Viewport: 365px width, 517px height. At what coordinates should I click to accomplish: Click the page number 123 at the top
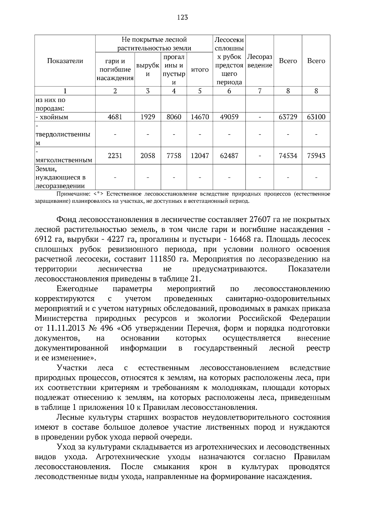pos(182,17)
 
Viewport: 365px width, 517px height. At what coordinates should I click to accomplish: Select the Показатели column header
pos(65,61)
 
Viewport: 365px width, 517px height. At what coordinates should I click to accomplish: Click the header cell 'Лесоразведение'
pos(259,61)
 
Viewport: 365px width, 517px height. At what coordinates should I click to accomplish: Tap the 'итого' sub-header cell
pos(200,70)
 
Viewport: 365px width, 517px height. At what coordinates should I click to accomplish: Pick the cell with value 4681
pos(115,117)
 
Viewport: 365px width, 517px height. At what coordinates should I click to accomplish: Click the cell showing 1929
pos(148,117)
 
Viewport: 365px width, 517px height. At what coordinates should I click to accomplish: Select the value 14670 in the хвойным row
pos(200,117)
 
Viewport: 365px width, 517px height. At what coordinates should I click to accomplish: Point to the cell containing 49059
pos(229,117)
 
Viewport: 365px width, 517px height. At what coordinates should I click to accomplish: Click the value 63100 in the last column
pos(316,117)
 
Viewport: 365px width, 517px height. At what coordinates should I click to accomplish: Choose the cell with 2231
pos(115,156)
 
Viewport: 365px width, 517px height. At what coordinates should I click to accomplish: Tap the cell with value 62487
pos(229,156)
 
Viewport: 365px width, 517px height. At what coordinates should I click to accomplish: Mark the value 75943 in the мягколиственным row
pos(316,156)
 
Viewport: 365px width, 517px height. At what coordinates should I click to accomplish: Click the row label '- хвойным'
pos(52,117)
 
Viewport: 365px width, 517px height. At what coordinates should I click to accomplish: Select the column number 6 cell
pos(229,91)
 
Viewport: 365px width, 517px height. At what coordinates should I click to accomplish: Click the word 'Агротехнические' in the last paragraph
pos(127,457)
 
